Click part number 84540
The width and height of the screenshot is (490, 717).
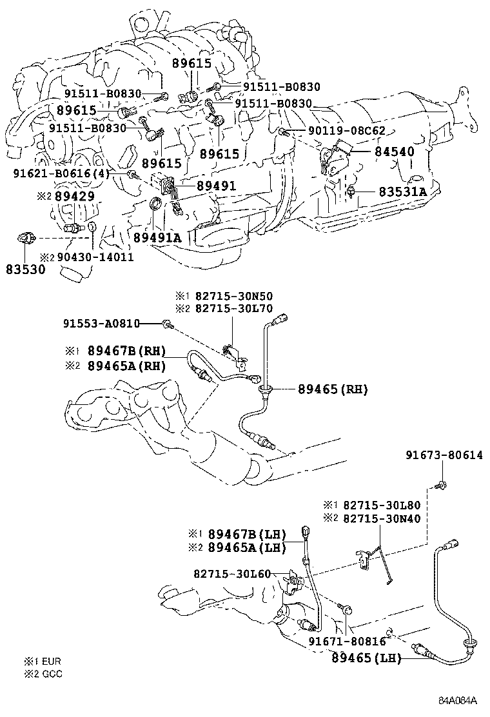pyautogui.click(x=395, y=152)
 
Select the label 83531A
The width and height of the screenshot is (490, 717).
pyautogui.click(x=402, y=192)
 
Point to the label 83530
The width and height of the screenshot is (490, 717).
pyautogui.click(x=26, y=270)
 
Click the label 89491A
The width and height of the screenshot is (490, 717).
pyautogui.click(x=158, y=237)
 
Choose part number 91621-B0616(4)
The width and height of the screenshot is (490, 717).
pyautogui.click(x=61, y=174)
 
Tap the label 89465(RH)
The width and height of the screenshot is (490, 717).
pyautogui.click(x=333, y=389)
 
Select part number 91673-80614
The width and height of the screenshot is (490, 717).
pyautogui.click(x=444, y=455)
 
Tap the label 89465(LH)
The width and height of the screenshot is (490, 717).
pyautogui.click(x=367, y=658)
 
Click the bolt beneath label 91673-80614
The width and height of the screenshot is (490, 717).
pyautogui.click(x=440, y=484)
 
